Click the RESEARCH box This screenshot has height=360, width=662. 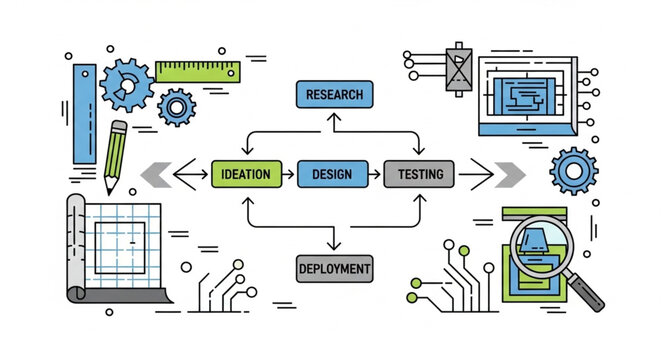pyautogui.click(x=335, y=95)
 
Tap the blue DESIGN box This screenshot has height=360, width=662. pyautogui.click(x=332, y=174)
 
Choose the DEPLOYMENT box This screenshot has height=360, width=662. pyautogui.click(x=335, y=267)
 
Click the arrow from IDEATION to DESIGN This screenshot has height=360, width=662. pyautogui.click(x=288, y=174)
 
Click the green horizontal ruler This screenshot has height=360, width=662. pyautogui.click(x=197, y=71)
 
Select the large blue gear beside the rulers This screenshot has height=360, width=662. pyautogui.click(x=127, y=85)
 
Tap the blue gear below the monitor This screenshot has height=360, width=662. pyautogui.click(x=573, y=170)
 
